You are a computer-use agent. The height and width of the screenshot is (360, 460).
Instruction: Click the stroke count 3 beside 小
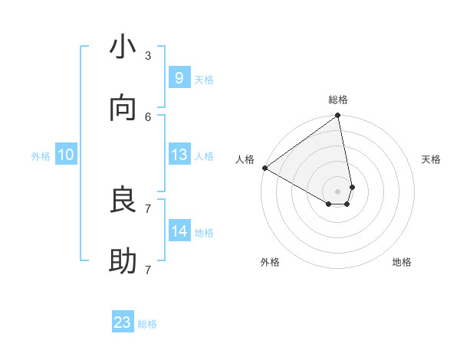pyautogui.click(x=148, y=55)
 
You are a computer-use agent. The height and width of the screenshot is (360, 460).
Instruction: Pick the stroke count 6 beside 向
pyautogui.click(x=148, y=116)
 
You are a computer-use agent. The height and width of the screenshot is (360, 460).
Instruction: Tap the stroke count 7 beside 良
pyautogui.click(x=148, y=208)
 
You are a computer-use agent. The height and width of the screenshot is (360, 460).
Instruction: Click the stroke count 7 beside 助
pyautogui.click(x=148, y=270)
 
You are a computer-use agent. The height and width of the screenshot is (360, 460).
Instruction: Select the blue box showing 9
pyautogui.click(x=179, y=78)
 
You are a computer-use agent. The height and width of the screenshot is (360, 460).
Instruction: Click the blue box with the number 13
pyautogui.click(x=179, y=155)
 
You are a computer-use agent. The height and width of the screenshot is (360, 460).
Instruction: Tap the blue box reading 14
pyautogui.click(x=179, y=231)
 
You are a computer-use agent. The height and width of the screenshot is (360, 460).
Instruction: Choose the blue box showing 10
pyautogui.click(x=66, y=155)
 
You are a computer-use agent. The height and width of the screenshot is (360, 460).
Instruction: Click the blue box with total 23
pyautogui.click(x=123, y=322)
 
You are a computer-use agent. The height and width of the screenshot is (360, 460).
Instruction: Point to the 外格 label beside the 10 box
pyautogui.click(x=41, y=155)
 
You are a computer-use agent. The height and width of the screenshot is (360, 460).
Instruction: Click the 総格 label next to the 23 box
pyautogui.click(x=147, y=324)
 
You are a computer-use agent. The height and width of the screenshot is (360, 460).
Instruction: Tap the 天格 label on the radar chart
pyautogui.click(x=431, y=159)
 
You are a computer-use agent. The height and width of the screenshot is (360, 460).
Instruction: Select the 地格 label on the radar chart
pyautogui.click(x=402, y=262)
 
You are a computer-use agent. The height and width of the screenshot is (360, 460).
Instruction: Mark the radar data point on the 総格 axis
pyautogui.click(x=337, y=116)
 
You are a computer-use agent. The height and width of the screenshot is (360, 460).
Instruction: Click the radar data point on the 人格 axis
pyautogui.click(x=264, y=168)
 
